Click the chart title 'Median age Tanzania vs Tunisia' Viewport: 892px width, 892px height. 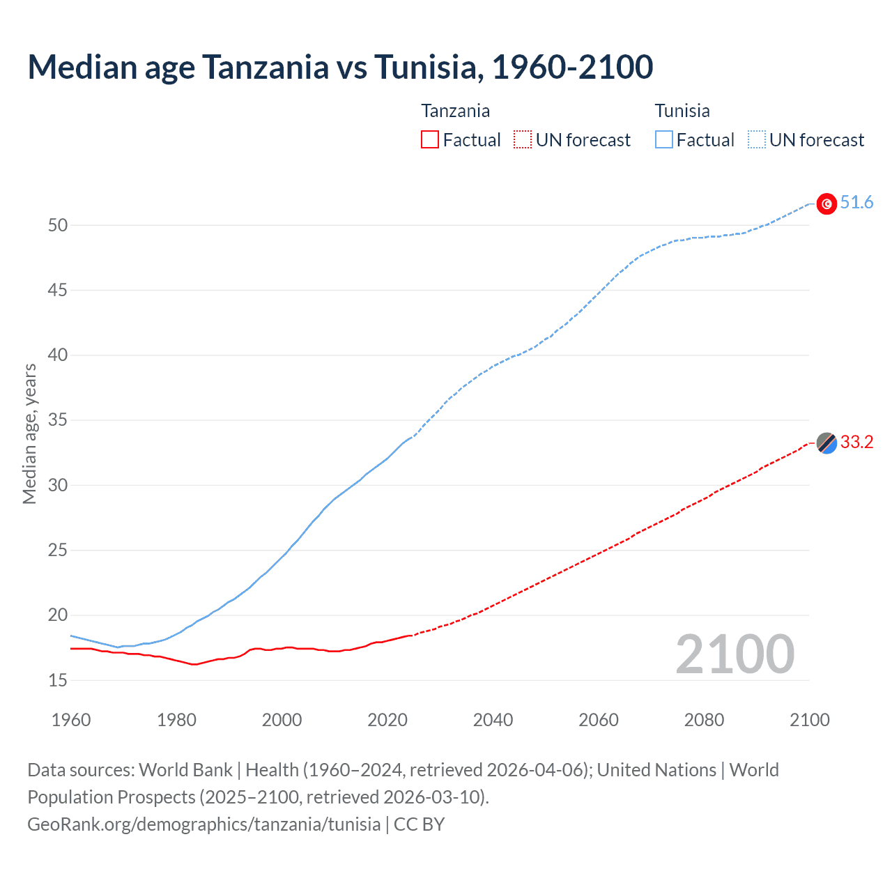coord(340,67)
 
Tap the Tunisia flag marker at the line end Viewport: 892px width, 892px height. coord(826,203)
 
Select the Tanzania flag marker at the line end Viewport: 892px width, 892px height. coord(826,443)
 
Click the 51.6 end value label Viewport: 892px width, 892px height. coord(856,203)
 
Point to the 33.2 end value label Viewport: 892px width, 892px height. coord(856,443)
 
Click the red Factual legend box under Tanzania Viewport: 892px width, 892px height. coord(430,140)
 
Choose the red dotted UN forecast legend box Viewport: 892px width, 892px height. coord(523,140)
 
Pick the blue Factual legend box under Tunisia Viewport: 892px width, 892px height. coord(663,140)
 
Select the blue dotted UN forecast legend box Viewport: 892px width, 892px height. coord(756,140)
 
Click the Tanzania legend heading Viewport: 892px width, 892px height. coord(455,111)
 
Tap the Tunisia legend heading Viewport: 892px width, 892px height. coord(682,111)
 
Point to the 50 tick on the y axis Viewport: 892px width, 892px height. coord(58,225)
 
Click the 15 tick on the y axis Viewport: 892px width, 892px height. coord(58,680)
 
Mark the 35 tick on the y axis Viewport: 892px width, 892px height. coord(58,420)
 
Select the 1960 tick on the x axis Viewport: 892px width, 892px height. coord(71,720)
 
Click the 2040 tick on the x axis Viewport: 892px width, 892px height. coord(493,720)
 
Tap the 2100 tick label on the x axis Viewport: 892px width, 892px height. coord(810,720)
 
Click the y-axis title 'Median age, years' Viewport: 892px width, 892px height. coord(29,433)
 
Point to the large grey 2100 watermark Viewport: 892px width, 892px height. coord(735,654)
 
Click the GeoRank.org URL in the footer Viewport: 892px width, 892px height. coord(204,824)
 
